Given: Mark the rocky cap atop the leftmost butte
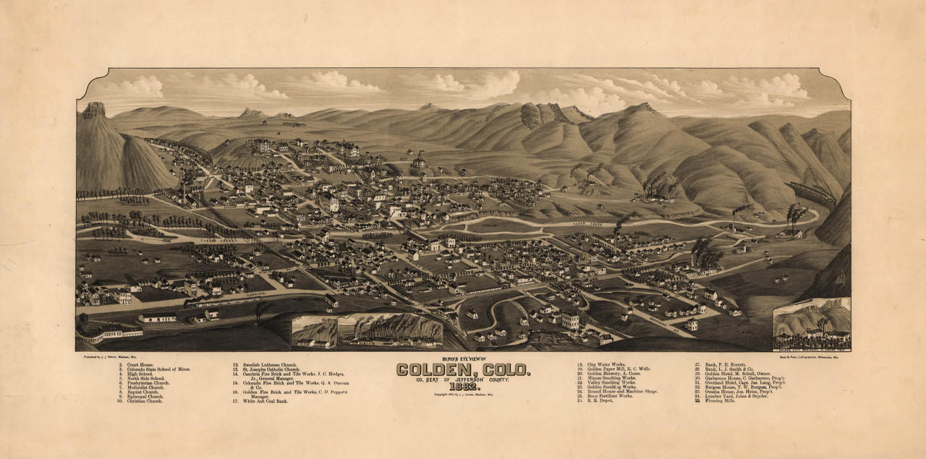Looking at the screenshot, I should (93, 109).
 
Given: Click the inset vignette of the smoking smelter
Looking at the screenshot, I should (391, 330).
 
